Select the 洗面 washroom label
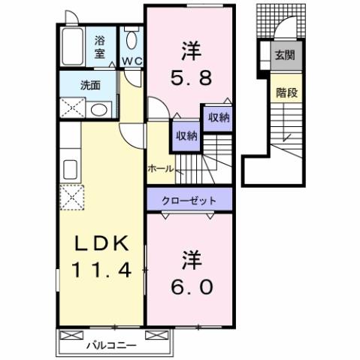91,85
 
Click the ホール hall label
160,168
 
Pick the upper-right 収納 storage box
218,117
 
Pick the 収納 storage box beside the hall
186,136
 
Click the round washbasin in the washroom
97,110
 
